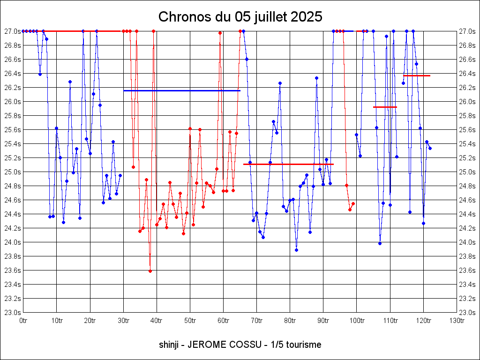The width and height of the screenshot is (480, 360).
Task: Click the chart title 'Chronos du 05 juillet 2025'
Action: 240,17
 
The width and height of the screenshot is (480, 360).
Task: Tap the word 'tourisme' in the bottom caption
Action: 305,345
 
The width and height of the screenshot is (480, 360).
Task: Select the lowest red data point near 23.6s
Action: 150,271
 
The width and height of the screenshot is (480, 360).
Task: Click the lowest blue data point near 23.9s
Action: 296,250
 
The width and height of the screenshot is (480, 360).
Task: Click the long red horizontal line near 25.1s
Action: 288,164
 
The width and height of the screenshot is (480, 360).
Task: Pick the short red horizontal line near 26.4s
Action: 417,75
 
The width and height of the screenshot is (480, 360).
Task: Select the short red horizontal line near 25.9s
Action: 385,107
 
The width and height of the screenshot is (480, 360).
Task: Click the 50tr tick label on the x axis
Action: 190,321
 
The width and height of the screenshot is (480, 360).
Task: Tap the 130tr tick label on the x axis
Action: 457,321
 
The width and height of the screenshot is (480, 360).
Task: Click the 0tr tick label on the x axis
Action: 23,321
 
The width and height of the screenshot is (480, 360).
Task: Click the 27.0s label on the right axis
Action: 467,31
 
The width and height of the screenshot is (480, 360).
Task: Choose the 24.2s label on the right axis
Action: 467,228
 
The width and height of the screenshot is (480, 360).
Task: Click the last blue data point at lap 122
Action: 430,148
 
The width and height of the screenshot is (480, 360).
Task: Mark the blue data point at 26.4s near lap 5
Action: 40,74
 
